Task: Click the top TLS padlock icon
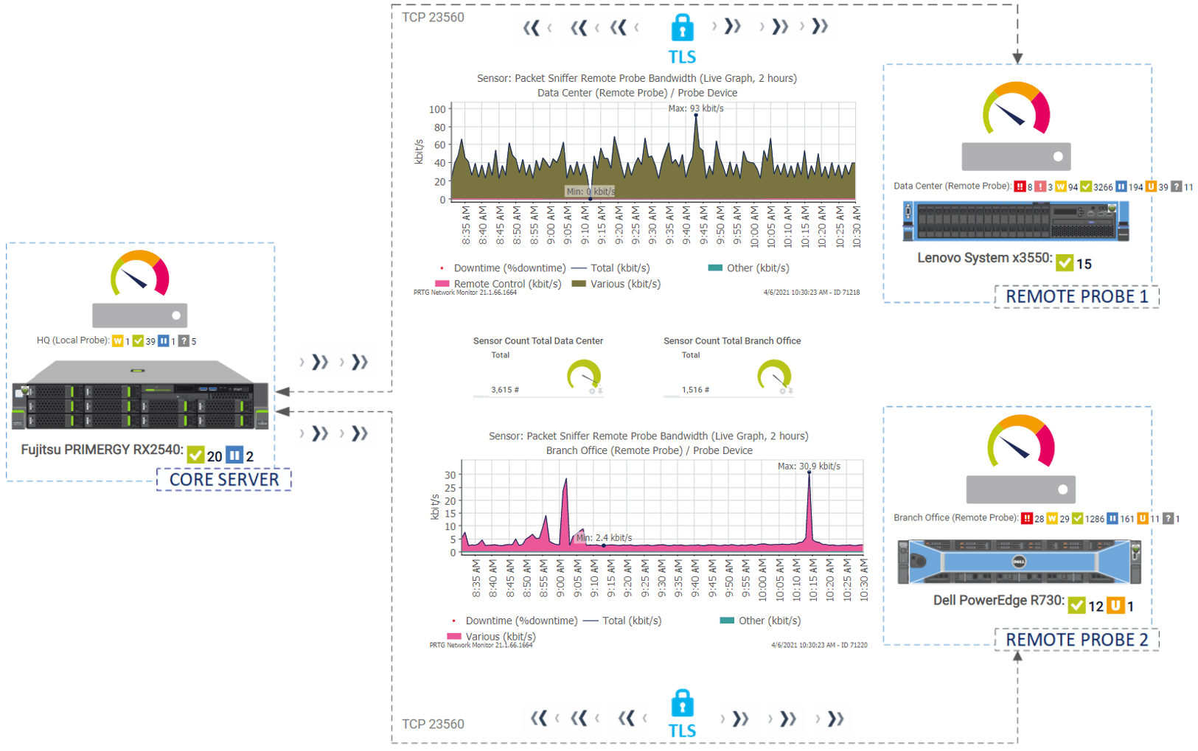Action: tap(682, 28)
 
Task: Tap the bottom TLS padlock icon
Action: tap(682, 704)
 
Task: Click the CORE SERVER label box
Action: tap(224, 480)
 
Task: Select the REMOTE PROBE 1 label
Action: tap(1076, 296)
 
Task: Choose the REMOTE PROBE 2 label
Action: tap(1076, 639)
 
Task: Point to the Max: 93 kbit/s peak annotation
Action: tap(695, 108)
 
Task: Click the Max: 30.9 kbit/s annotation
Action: tap(809, 466)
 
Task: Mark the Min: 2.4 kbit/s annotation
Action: tap(604, 537)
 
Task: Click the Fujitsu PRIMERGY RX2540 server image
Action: tap(140, 395)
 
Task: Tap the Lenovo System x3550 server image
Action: tap(1016, 221)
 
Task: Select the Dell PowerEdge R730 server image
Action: tap(1019, 562)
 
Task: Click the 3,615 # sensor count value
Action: tap(505, 390)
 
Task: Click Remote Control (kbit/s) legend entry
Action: tap(507, 284)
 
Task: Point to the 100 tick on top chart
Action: tap(438, 109)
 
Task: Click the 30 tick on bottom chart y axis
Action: tap(450, 475)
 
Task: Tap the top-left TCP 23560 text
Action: tap(433, 17)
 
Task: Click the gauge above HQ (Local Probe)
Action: tap(140, 274)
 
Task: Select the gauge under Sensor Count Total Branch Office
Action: tap(774, 375)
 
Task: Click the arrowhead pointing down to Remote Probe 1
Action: tap(1017, 57)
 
